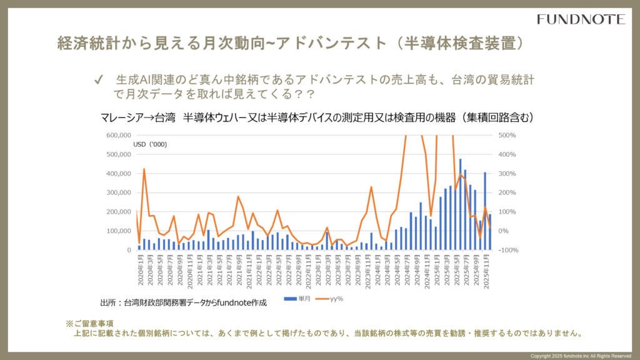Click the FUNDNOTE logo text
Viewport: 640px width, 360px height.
pos(581,19)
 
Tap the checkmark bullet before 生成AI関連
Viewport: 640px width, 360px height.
pos(97,80)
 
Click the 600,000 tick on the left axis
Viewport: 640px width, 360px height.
pos(117,135)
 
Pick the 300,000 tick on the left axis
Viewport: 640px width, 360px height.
pos(117,192)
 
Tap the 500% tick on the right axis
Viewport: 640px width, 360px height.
pos(506,135)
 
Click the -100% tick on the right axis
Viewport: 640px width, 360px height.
pos(507,250)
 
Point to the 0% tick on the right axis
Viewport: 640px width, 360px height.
pos(504,231)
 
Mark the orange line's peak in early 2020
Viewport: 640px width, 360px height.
pos(144,169)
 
